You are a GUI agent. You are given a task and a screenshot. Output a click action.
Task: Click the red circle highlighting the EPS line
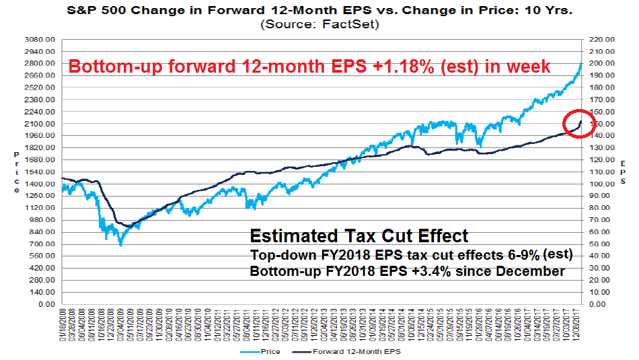[579, 123]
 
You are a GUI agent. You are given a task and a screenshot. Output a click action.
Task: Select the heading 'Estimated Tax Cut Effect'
[359, 236]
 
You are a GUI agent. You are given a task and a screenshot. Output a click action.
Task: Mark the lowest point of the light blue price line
[120, 245]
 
